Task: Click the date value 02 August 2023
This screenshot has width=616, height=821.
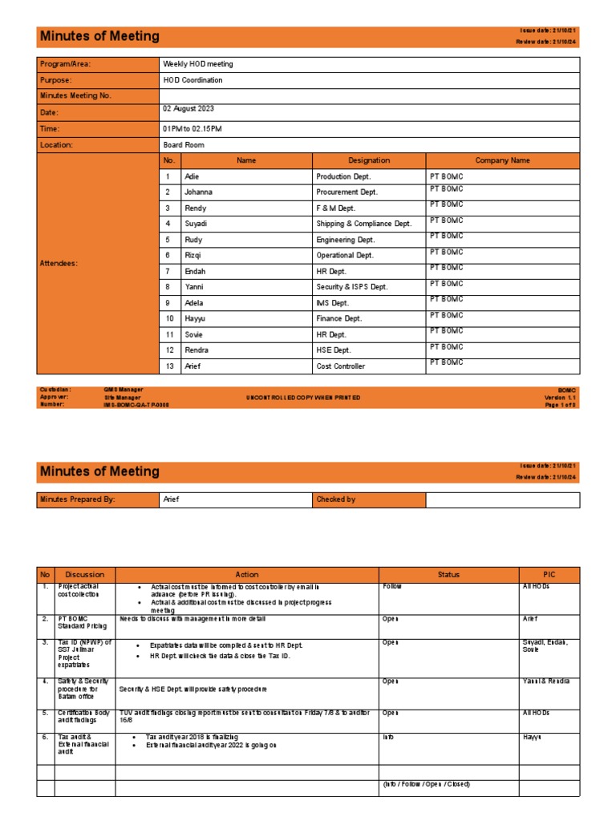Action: (x=188, y=109)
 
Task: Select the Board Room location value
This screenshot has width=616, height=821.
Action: (x=184, y=145)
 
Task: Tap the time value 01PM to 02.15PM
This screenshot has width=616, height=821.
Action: (x=192, y=128)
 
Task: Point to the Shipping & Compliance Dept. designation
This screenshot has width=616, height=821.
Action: (x=363, y=224)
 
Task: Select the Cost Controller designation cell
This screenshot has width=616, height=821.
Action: (x=340, y=366)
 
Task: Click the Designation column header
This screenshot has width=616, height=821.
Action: (x=369, y=160)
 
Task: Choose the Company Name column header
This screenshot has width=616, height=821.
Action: (x=502, y=160)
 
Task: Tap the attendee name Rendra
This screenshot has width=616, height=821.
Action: (x=197, y=350)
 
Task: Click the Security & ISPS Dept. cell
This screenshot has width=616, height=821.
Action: (x=351, y=287)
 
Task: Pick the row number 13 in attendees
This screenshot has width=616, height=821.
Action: (x=169, y=366)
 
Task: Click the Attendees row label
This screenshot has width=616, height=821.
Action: (x=59, y=263)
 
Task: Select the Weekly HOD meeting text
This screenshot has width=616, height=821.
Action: (x=198, y=64)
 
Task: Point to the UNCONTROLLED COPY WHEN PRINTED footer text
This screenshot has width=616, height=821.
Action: (x=303, y=398)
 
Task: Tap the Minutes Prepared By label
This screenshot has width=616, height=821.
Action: (x=78, y=499)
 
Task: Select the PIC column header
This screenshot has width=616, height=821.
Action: (x=549, y=574)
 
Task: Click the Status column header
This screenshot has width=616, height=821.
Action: (x=448, y=574)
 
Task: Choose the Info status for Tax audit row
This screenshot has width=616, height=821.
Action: (x=389, y=736)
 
